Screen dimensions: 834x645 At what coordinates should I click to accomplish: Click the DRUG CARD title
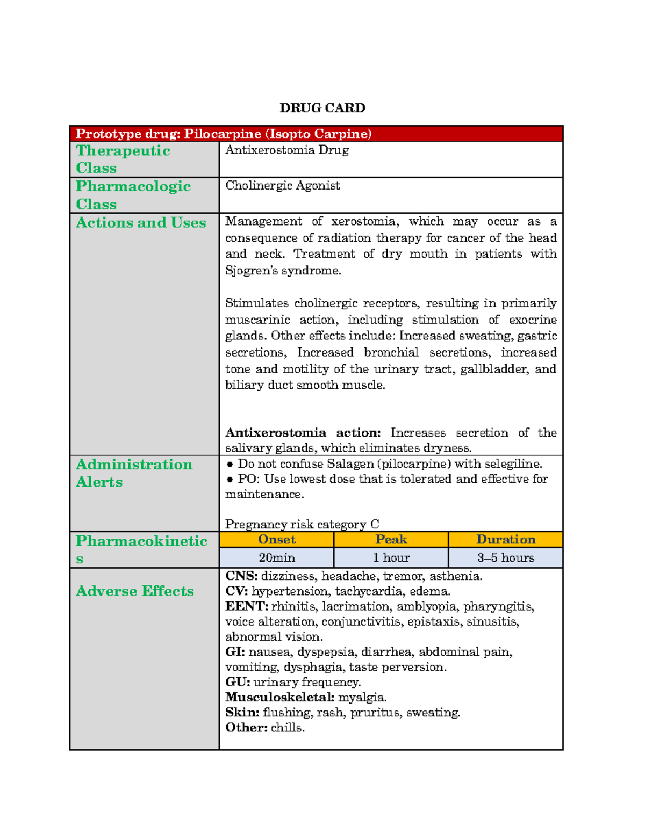click(x=322, y=108)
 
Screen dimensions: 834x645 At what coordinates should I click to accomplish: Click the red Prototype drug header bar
click(x=316, y=133)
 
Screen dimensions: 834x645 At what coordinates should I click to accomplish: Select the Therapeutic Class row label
click(x=123, y=159)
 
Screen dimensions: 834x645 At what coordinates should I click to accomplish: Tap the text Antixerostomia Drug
click(x=287, y=150)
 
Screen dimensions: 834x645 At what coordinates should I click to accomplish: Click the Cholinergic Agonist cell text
click(x=283, y=186)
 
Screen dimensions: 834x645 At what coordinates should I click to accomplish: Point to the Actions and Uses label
click(x=141, y=222)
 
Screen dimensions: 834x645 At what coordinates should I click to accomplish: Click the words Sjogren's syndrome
click(x=283, y=270)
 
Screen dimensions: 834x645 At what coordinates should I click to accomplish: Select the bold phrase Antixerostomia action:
click(x=303, y=432)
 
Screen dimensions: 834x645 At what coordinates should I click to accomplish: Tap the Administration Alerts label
click(x=134, y=473)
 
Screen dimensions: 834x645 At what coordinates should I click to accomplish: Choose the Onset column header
click(x=276, y=539)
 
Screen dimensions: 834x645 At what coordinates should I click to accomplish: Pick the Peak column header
click(x=391, y=539)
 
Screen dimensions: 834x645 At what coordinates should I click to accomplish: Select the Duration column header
click(x=505, y=539)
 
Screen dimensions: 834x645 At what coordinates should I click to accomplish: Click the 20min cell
click(x=276, y=557)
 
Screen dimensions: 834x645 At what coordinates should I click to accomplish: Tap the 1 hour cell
click(x=391, y=557)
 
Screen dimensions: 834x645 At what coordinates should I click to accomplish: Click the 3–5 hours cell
click(x=505, y=557)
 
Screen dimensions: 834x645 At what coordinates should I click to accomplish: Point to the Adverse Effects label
click(x=135, y=591)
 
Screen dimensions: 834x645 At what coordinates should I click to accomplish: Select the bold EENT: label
click(x=246, y=606)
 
